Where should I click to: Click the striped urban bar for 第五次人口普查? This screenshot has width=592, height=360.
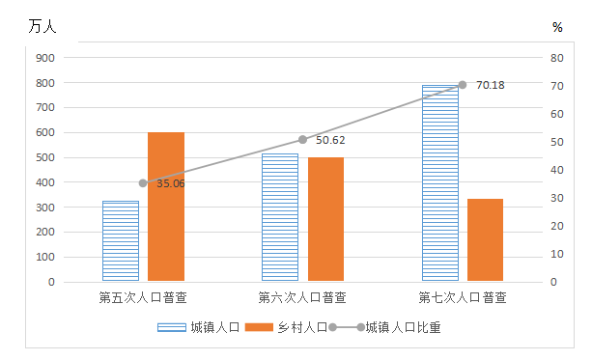121,240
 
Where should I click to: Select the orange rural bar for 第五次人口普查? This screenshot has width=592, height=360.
166,207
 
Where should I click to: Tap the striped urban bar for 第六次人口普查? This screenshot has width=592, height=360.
280,217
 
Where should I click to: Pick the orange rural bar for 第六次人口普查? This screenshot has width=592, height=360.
325,219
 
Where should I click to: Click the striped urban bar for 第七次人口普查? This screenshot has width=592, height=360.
440,183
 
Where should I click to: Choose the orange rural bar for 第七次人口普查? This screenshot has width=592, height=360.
485,239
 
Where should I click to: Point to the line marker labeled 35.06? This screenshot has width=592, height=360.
143,183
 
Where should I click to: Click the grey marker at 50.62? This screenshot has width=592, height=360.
303,140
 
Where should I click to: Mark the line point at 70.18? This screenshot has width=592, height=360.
463,85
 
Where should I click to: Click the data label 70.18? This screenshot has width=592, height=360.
491,85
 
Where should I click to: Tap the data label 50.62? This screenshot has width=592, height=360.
330,140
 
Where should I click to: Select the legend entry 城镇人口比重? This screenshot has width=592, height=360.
384,327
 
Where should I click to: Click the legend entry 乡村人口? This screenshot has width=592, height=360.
286,327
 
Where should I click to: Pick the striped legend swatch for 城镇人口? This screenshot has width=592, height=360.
172,327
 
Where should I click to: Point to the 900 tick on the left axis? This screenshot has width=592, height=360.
45,58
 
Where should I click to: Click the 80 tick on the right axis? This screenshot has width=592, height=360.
556,58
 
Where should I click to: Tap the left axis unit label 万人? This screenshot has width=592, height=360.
42,27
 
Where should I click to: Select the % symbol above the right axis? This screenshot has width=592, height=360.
557,27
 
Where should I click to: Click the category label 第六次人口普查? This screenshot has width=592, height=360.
302,297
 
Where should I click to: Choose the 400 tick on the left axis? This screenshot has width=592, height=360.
45,182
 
